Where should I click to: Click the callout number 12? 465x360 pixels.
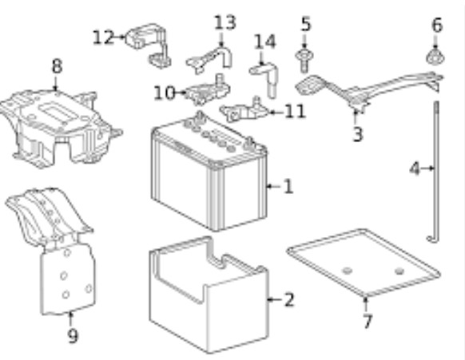(103, 38)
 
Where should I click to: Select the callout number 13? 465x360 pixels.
(225, 23)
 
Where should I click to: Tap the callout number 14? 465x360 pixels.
(265, 42)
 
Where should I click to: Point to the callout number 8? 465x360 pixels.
(57, 65)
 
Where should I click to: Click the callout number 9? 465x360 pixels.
(73, 336)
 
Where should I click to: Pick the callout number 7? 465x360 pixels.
(368, 321)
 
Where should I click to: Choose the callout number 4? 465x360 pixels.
(415, 169)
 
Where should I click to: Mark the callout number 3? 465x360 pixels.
(358, 134)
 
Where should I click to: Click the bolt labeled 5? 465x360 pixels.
(304, 60)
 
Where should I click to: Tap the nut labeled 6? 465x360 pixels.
(435, 57)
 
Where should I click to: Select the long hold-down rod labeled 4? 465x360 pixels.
(435, 172)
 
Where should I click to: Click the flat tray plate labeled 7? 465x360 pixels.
(364, 263)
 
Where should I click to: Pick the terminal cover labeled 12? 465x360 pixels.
(148, 45)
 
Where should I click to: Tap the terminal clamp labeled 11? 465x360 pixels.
(244, 110)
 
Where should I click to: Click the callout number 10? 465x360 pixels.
(165, 93)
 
